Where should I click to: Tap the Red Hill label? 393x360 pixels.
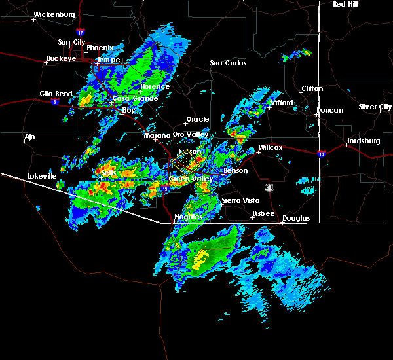[346, 4]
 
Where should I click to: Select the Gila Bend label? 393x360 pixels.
[54, 94]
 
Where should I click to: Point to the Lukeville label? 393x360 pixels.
[41, 176]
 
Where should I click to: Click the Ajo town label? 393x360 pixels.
[29, 137]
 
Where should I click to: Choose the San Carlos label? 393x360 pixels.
[228, 63]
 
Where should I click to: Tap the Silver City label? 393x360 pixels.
[375, 107]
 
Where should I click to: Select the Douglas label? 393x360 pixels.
[296, 218]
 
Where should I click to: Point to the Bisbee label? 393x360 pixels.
[263, 213]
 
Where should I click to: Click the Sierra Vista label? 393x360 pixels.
[238, 200]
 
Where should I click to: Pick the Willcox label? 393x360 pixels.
[270, 147]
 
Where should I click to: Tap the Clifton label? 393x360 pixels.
[312, 88]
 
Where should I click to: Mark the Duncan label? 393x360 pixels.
[329, 110]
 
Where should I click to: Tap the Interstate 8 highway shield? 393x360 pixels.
[64, 101]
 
